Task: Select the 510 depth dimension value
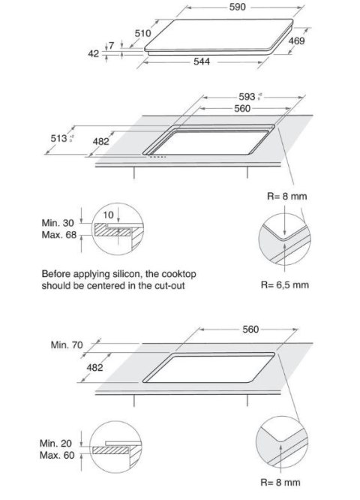(x=143, y=33)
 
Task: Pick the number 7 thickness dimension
(x=111, y=46)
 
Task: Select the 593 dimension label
(x=246, y=98)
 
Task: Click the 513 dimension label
(x=58, y=138)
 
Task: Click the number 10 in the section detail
(x=108, y=215)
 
